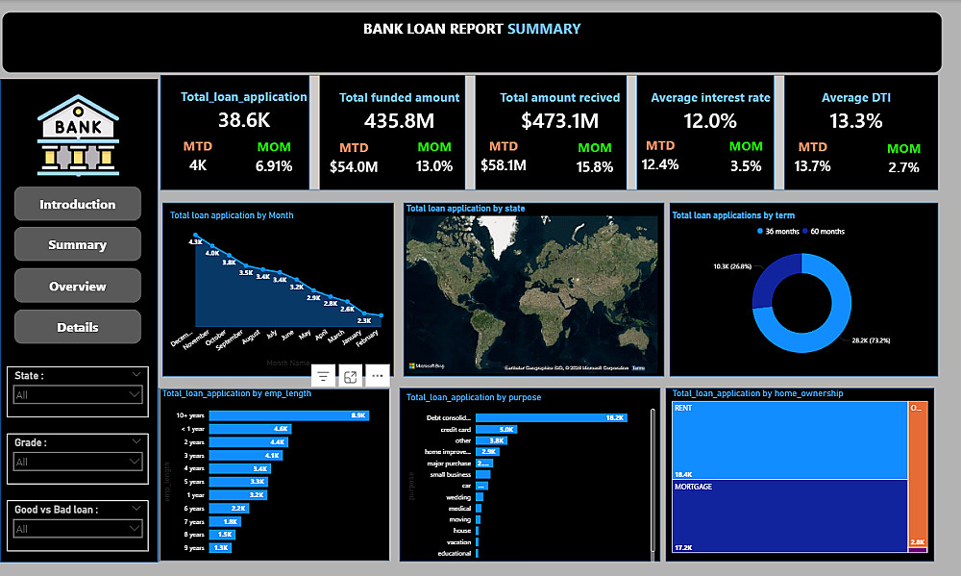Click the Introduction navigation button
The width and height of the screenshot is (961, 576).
[x=78, y=205]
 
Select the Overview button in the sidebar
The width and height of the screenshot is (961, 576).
[x=78, y=287]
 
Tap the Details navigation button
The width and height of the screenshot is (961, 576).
[x=78, y=327]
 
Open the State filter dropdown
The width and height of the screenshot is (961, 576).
[x=78, y=394]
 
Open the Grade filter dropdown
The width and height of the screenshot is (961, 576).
[x=78, y=462]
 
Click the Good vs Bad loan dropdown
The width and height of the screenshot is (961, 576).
[x=78, y=528]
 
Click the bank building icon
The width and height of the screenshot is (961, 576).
[x=78, y=135]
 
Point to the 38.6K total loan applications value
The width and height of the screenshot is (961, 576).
[x=244, y=120]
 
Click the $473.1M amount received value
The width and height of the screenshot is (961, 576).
[x=559, y=121]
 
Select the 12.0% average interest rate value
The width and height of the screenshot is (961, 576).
[x=709, y=121]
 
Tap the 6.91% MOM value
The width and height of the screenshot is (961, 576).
[x=273, y=166]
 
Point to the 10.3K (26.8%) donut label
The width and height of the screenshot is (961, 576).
[x=734, y=265]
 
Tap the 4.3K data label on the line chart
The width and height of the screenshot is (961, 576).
[x=195, y=242]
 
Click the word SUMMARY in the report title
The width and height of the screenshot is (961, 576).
[x=544, y=29]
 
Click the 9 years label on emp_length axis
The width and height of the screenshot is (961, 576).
[x=195, y=548]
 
